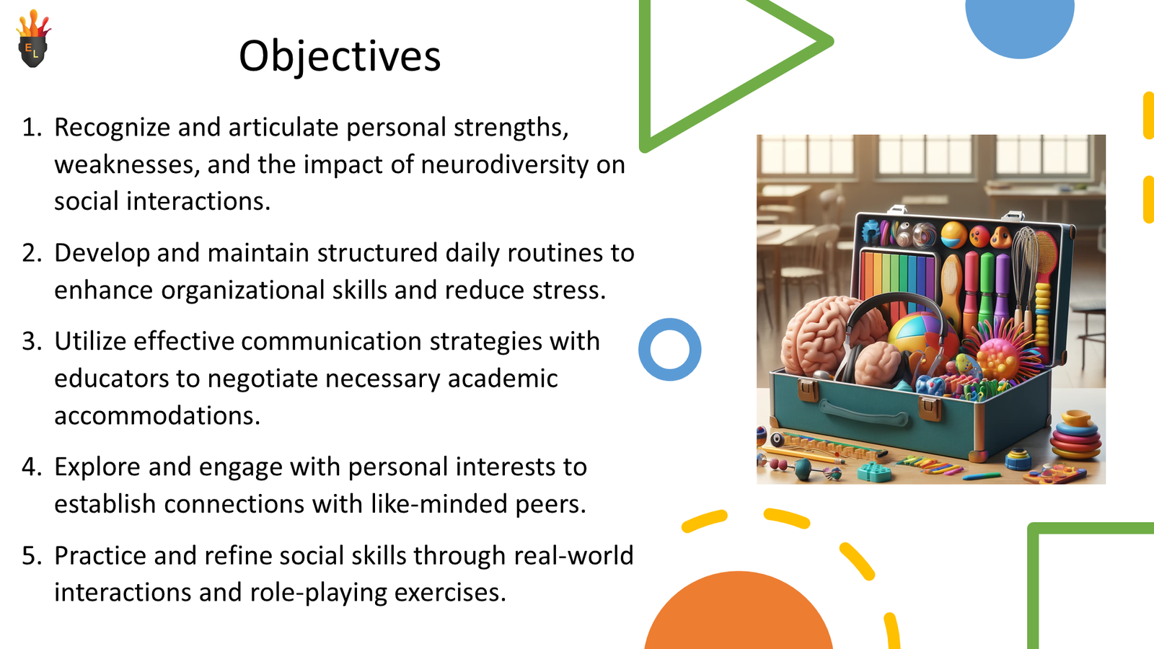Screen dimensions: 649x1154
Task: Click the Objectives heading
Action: (339, 56)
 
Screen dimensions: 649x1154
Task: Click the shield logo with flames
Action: (33, 41)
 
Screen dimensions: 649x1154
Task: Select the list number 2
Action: (32, 253)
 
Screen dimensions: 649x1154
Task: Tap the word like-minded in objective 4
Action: (440, 504)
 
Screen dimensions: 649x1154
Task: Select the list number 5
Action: (32, 556)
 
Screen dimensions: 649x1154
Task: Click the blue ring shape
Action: (669, 350)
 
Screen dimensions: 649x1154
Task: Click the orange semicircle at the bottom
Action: (738, 617)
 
